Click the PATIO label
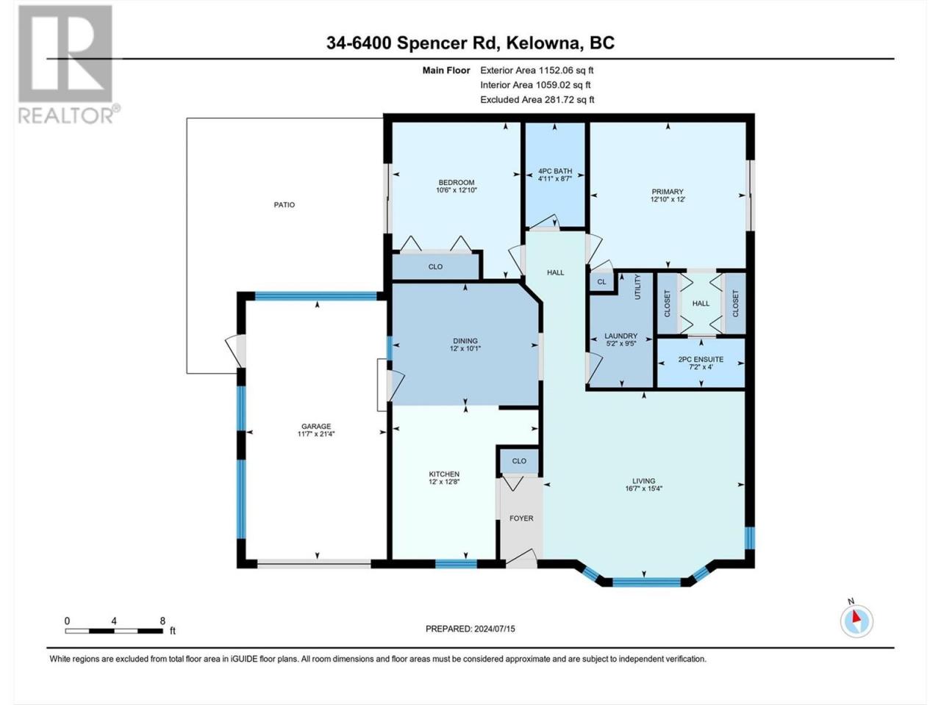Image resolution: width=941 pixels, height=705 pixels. pyautogui.click(x=285, y=205)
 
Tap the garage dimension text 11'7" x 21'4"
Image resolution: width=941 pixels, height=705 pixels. pyautogui.click(x=316, y=433)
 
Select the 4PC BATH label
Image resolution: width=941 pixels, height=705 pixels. pyautogui.click(x=555, y=171)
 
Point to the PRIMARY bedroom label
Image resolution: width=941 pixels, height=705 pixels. pyautogui.click(x=667, y=192)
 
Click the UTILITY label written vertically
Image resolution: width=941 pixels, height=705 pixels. pyautogui.click(x=637, y=287)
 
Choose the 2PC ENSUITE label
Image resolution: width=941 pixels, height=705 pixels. pyautogui.click(x=701, y=360)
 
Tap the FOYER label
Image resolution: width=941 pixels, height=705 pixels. pyautogui.click(x=521, y=518)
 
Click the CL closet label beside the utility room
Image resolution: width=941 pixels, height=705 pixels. pyautogui.click(x=601, y=282)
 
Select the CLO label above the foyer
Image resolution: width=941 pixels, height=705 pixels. pyautogui.click(x=519, y=461)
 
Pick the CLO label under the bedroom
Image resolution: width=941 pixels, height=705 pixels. pyautogui.click(x=435, y=267)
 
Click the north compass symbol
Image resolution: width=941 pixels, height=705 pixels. pyautogui.click(x=856, y=621)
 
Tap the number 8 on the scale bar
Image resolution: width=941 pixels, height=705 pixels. pyautogui.click(x=162, y=621)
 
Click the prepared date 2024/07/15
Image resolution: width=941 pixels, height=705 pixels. pyautogui.click(x=494, y=629)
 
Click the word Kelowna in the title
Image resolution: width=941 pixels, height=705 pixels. pyautogui.click(x=543, y=43)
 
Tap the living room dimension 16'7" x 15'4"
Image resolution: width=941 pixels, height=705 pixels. pyautogui.click(x=643, y=488)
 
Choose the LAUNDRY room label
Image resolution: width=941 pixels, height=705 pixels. pyautogui.click(x=620, y=336)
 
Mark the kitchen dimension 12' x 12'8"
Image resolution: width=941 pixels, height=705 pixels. pyautogui.click(x=444, y=482)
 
